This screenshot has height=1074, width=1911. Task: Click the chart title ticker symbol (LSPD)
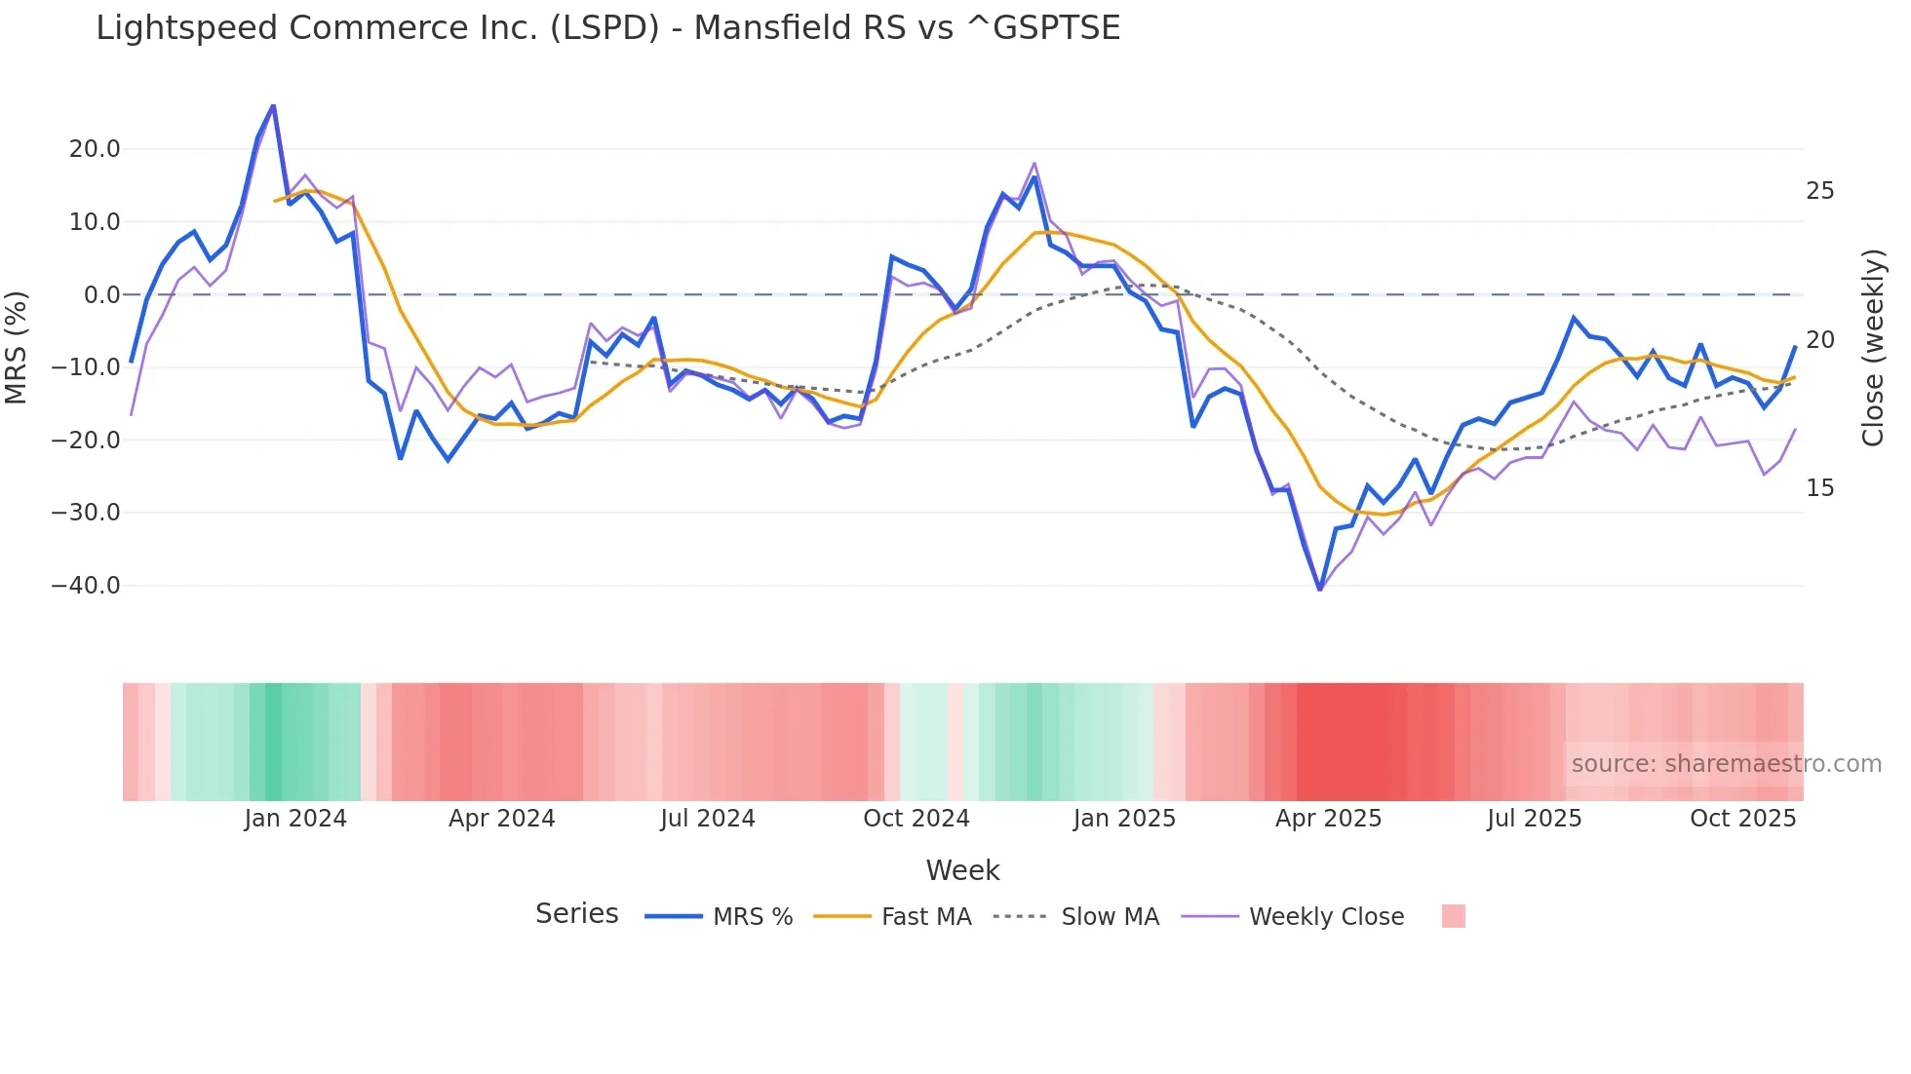[x=604, y=28]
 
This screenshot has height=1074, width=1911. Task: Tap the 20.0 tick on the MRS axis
[x=95, y=149]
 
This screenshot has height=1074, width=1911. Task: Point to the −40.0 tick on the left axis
[x=86, y=586]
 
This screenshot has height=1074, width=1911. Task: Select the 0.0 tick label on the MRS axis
[x=101, y=294]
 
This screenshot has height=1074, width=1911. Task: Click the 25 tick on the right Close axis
[x=1819, y=191]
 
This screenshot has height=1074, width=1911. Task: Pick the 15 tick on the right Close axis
[x=1819, y=488]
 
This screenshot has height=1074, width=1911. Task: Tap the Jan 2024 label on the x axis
[x=295, y=819]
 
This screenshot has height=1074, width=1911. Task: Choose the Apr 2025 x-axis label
[x=1328, y=819]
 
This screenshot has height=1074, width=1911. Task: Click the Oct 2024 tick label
[x=916, y=819]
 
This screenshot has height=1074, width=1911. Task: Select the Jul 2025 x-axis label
[x=1534, y=819]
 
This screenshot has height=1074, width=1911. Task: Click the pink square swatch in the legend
[x=1453, y=916]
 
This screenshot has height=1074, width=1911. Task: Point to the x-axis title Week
[x=962, y=870]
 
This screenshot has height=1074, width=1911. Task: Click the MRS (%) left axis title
[x=16, y=347]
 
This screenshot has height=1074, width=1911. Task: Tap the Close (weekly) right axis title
[x=1872, y=348]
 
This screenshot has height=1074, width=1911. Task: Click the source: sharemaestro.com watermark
[x=1726, y=764]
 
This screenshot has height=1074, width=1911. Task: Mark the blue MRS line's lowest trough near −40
[x=1319, y=589]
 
